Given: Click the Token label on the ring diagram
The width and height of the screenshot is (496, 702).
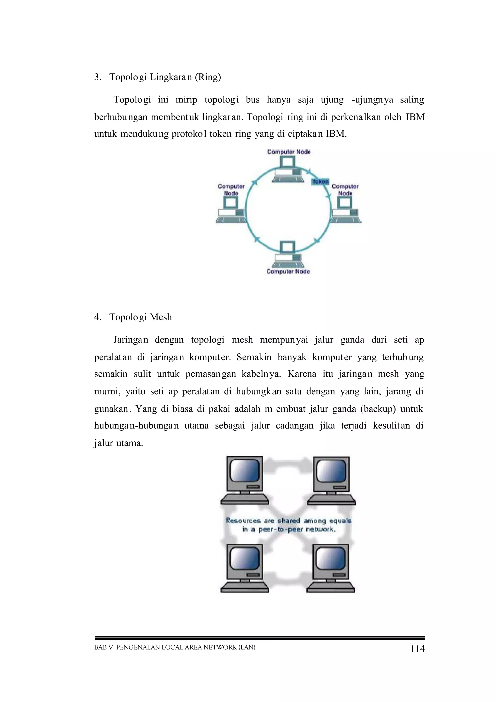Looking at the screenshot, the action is point(320,182).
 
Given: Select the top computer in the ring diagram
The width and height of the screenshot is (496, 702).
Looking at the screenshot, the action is point(288,170).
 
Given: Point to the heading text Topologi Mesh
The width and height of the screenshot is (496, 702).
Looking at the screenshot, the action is point(140,317).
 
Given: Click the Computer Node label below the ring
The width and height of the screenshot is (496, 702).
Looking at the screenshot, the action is point(288,272).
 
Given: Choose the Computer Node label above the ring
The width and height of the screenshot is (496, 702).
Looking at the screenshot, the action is point(288,152).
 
